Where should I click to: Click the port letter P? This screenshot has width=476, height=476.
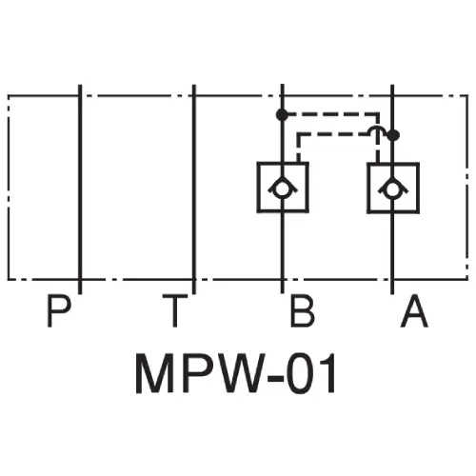pos(59,312)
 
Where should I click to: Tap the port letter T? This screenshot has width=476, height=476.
pos(174,312)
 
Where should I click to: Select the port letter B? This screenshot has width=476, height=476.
pos(302,312)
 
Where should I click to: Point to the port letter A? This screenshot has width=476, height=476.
pos(413,312)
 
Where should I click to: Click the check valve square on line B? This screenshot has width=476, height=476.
pos(283,186)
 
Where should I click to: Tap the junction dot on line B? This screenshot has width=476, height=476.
pos(282,114)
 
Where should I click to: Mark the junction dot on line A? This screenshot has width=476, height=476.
pos(394,135)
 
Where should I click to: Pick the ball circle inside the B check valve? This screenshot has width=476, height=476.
pos(283,188)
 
